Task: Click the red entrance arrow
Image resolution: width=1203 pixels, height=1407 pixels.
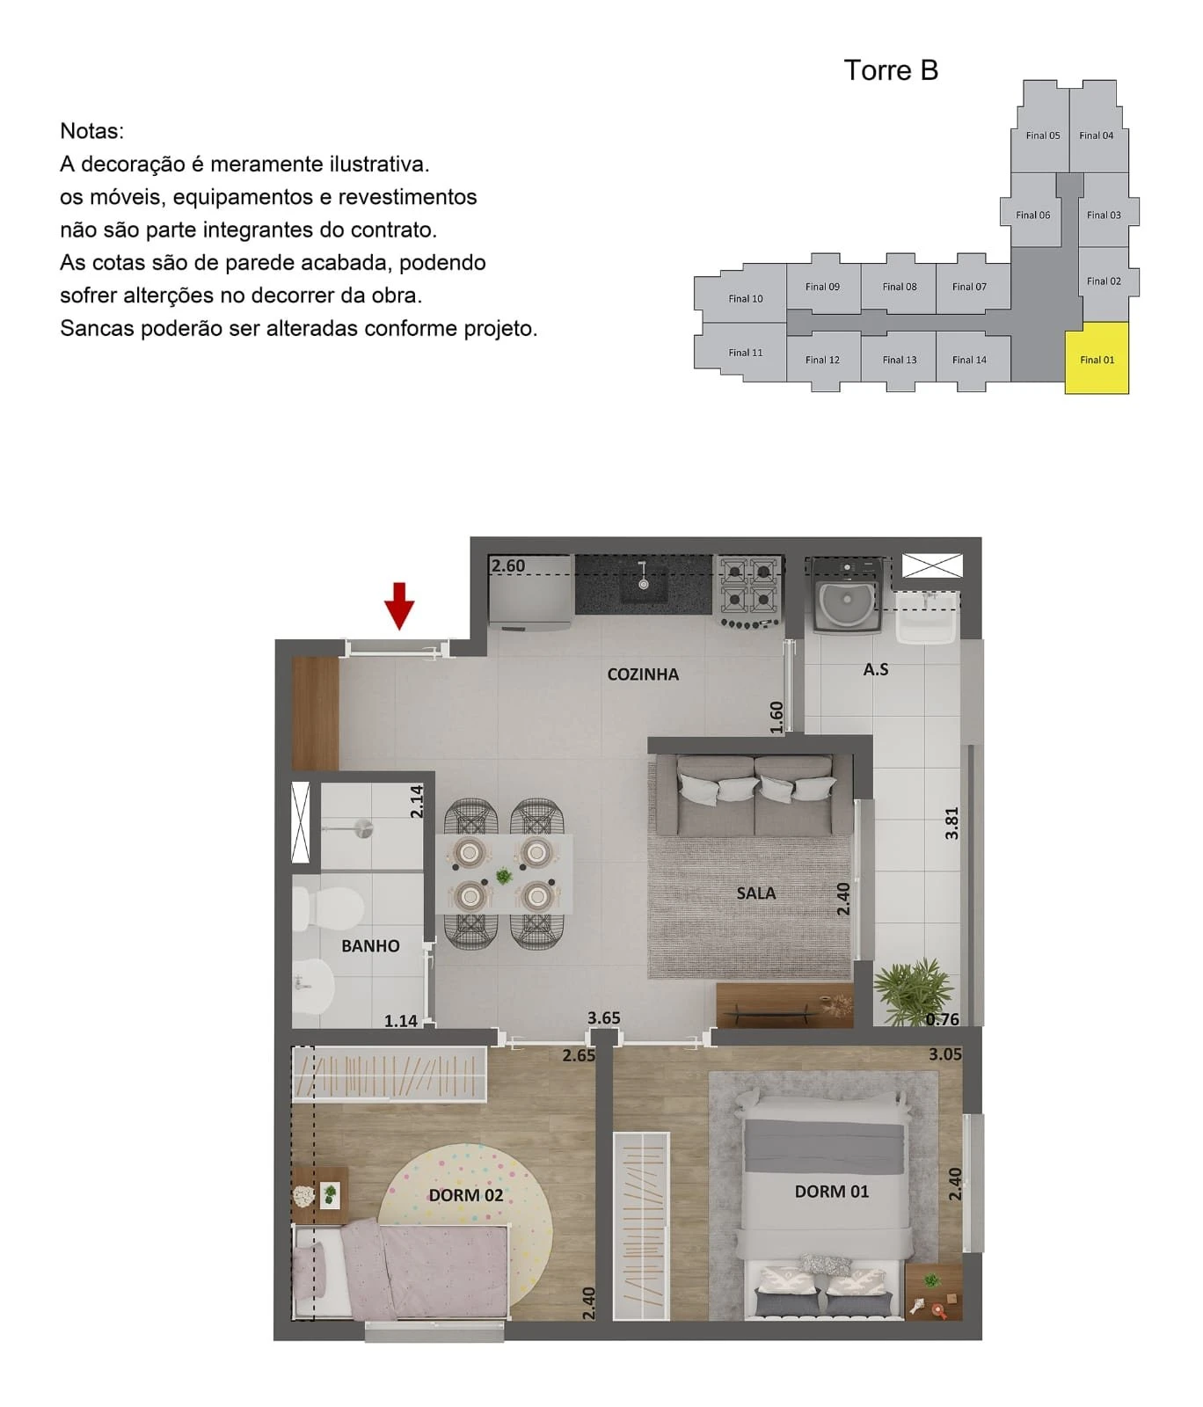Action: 399,605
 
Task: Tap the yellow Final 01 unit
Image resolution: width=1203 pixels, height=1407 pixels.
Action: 1097,358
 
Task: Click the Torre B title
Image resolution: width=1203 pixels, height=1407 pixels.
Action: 891,70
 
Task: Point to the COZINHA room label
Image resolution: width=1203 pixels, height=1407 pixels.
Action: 643,674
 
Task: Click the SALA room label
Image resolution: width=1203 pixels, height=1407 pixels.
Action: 756,893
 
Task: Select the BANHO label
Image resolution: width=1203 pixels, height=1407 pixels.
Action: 370,946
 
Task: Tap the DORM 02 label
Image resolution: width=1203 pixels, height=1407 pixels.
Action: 466,1195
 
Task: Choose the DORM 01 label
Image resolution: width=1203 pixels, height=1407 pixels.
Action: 832,1192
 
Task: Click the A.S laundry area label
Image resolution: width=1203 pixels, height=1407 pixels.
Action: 876,669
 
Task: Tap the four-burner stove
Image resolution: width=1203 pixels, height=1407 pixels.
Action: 750,591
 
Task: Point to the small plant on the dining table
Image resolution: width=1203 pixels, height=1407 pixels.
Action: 504,876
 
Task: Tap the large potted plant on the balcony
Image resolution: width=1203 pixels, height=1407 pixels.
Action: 915,992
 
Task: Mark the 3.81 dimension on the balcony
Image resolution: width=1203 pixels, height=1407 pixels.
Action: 951,823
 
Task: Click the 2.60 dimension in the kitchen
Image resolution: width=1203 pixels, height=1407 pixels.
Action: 508,565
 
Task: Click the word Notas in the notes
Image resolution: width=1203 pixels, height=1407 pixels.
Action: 91,131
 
